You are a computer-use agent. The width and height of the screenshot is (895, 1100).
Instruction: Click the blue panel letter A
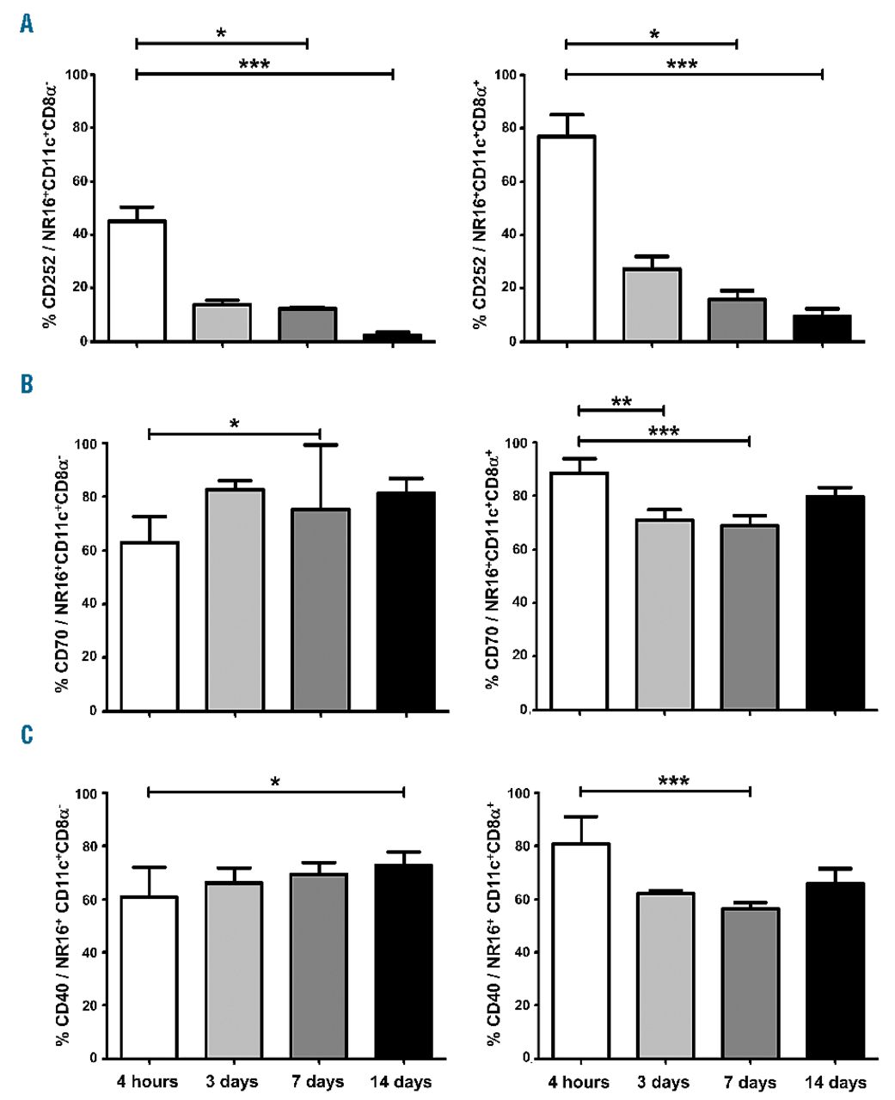coord(28,23)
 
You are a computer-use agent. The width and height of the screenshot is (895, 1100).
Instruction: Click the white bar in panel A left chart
coord(137,281)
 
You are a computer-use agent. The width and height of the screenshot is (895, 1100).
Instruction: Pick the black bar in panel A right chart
coord(823,328)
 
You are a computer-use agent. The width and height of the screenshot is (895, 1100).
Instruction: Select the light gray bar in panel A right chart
coord(653,305)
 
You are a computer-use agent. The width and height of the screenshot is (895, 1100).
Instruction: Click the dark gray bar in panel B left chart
coord(320,609)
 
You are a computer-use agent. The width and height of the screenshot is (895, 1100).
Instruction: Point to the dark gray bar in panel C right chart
coord(750,983)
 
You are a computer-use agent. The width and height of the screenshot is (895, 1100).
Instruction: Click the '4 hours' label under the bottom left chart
coord(148,1081)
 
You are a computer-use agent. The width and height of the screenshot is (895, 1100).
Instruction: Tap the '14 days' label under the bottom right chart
coord(835,1081)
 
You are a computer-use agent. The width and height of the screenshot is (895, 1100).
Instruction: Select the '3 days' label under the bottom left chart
coord(232,1081)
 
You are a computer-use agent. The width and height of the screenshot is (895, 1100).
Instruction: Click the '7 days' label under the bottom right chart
coord(750,1081)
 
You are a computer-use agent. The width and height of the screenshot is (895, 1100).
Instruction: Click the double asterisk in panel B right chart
coord(622,402)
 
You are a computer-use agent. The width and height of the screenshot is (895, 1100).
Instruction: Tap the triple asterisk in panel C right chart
coord(673,782)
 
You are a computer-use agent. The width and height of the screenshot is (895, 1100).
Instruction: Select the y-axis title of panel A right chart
coord(480,205)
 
